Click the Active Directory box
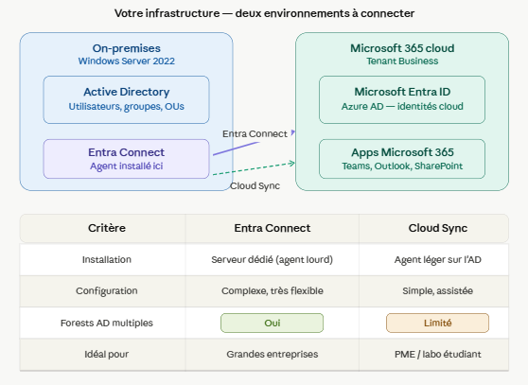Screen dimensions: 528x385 pos(126,99)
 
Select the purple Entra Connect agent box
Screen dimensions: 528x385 pos(126,159)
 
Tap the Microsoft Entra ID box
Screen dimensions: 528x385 pos(402,99)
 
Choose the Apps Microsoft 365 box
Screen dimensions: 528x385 pos(402,159)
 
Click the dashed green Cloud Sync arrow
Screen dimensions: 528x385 pos(254,169)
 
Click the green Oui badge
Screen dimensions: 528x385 pos(273,324)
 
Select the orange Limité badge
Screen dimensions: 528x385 pos(437,324)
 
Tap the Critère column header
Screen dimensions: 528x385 pos(107,228)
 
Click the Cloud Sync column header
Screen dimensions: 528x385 pos(438,228)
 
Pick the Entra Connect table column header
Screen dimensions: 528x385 pos(273,228)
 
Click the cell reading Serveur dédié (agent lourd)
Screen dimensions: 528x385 pos(273,260)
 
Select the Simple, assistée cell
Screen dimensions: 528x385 pos(437,290)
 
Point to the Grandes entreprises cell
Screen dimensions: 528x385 pos(273,354)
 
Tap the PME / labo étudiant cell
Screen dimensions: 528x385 pos(438,354)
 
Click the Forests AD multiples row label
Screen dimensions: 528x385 pos(107,324)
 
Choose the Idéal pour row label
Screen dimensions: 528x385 pos(107,354)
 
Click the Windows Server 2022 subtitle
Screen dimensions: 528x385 pos(126,61)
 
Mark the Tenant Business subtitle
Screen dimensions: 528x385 pos(402,61)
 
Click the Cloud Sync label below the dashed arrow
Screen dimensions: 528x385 pos(255,186)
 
